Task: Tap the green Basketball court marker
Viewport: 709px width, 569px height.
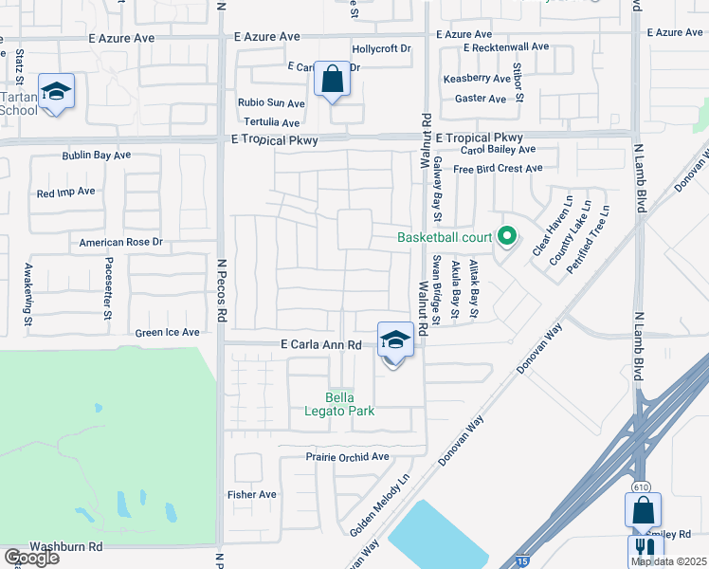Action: click(x=507, y=237)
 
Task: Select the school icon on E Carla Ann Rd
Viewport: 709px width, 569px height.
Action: click(x=394, y=340)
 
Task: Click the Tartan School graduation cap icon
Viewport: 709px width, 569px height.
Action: click(x=56, y=92)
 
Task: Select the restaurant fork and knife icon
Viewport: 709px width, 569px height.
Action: click(x=645, y=549)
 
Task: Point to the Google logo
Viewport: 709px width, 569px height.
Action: click(x=30, y=558)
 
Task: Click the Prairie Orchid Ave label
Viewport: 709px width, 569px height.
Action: click(x=348, y=456)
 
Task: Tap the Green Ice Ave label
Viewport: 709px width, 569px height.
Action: click(x=168, y=333)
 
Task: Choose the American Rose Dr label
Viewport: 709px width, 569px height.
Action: click(x=121, y=243)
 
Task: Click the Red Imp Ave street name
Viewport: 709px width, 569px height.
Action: click(x=66, y=192)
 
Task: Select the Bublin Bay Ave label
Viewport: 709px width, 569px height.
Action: click(x=101, y=155)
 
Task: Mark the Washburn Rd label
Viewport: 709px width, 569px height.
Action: click(x=66, y=547)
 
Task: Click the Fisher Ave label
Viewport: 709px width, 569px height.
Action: click(x=252, y=494)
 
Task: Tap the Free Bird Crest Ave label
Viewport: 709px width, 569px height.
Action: click(x=498, y=169)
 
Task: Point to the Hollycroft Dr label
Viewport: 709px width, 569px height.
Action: click(x=381, y=48)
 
